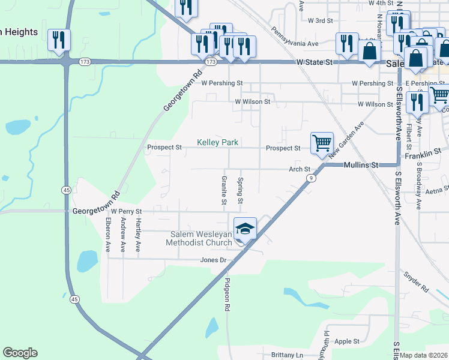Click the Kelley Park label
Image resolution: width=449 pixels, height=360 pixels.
point(218,143)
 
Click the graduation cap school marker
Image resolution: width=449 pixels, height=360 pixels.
point(245,229)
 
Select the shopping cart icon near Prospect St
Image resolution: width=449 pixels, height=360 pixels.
point(322,143)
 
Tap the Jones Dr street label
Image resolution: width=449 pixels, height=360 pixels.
point(213,260)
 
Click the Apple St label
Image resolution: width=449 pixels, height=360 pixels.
point(347,341)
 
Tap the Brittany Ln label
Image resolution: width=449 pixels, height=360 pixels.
point(287,355)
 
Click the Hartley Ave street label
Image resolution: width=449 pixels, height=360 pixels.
point(138,233)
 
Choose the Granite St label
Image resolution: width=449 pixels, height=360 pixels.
point(224,190)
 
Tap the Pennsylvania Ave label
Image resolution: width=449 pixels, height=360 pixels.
point(294,36)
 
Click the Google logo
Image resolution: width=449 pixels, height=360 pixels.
point(20,353)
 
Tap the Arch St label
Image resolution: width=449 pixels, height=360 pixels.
point(299,170)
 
